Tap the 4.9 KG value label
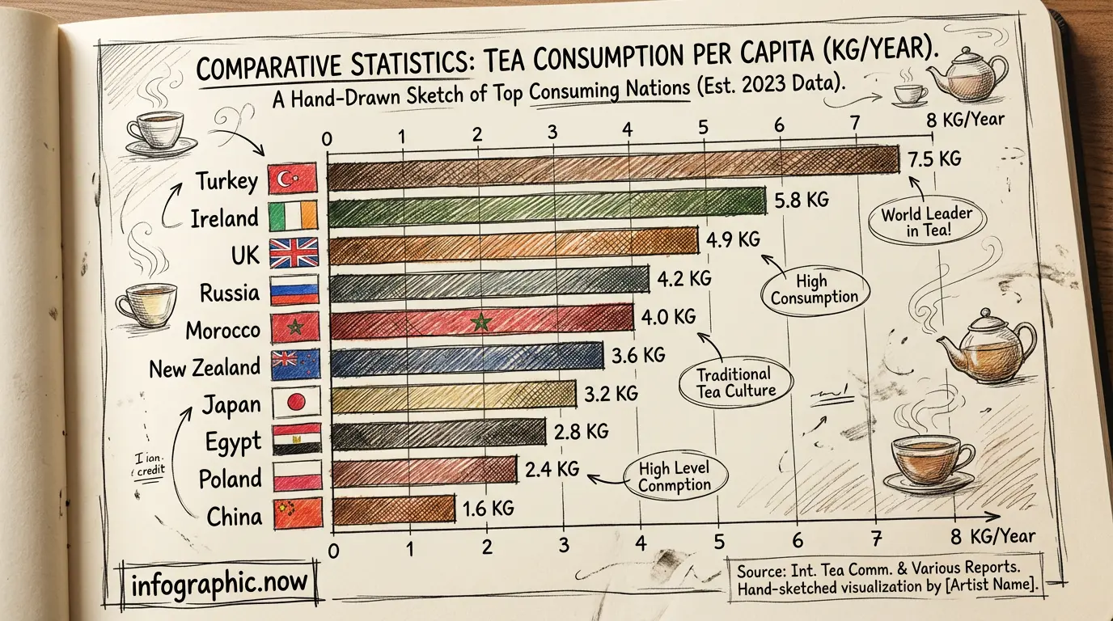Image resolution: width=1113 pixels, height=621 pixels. click(x=733, y=239)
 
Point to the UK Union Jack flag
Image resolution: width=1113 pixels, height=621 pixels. click(x=294, y=253)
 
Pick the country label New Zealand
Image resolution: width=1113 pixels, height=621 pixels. click(x=205, y=368)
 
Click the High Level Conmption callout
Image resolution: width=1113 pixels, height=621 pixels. click(x=675, y=477)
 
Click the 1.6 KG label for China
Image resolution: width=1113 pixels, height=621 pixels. click(x=489, y=508)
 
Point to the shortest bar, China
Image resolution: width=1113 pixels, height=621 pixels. click(x=393, y=509)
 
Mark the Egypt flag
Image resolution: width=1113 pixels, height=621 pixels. click(x=297, y=439)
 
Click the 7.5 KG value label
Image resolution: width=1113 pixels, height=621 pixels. click(x=934, y=159)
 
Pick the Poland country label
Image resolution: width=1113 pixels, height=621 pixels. click(x=230, y=478)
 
